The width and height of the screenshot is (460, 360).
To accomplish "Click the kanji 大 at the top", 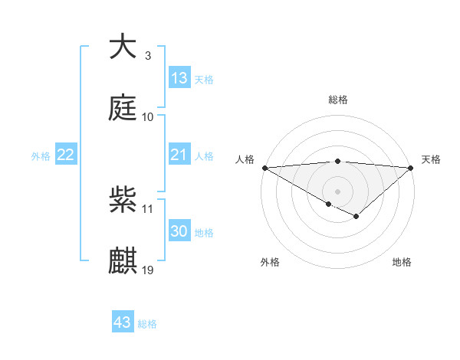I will click(x=123, y=47).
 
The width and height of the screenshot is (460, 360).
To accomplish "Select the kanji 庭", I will click(x=123, y=107).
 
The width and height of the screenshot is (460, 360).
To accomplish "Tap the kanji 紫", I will click(x=123, y=200).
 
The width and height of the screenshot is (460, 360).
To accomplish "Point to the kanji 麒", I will click(x=123, y=260).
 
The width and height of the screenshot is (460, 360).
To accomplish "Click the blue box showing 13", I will click(x=179, y=77).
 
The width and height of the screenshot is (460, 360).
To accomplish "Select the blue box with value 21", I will click(x=179, y=155).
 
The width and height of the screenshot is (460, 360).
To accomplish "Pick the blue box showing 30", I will click(x=179, y=231).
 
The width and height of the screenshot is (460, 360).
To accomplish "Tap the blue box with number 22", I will click(x=66, y=155).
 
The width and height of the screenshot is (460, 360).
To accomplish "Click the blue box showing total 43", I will click(x=123, y=322).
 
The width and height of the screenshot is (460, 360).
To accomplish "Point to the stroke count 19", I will click(x=149, y=270).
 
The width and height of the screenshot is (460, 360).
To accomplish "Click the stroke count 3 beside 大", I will click(x=147, y=56).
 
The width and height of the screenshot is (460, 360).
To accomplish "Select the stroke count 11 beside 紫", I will click(x=148, y=208).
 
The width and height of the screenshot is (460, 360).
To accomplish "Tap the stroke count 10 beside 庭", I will click(x=148, y=116).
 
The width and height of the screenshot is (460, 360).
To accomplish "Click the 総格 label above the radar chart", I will click(x=337, y=100).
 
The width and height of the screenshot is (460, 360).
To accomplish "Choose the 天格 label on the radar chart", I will click(x=432, y=159).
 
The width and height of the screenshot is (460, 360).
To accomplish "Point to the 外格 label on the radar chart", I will click(x=270, y=262).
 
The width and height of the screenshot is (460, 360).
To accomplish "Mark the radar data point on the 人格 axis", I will click(x=264, y=167).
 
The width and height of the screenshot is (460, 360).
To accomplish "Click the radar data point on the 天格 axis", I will click(x=411, y=167).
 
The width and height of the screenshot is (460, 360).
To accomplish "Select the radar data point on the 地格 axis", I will click(x=356, y=217).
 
